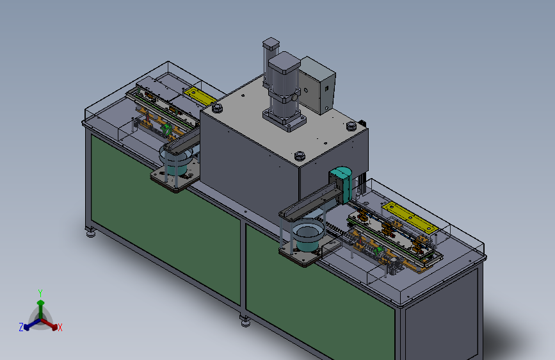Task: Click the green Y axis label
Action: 40,293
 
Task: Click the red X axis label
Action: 60,328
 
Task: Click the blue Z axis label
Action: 21,327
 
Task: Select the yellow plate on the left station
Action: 200,96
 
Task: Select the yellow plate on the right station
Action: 410,217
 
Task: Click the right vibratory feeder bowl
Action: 307,234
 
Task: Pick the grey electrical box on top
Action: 317,85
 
